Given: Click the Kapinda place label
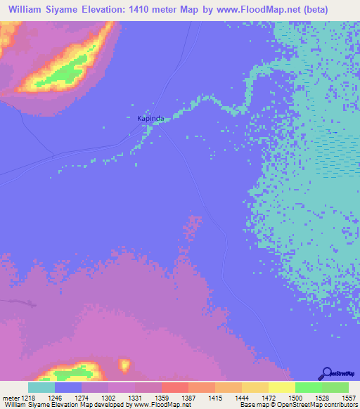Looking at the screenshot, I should point(150,119).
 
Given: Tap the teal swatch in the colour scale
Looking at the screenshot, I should point(41,387).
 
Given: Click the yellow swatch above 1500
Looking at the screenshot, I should point(281,387).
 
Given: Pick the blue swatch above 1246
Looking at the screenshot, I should point(68,387).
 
